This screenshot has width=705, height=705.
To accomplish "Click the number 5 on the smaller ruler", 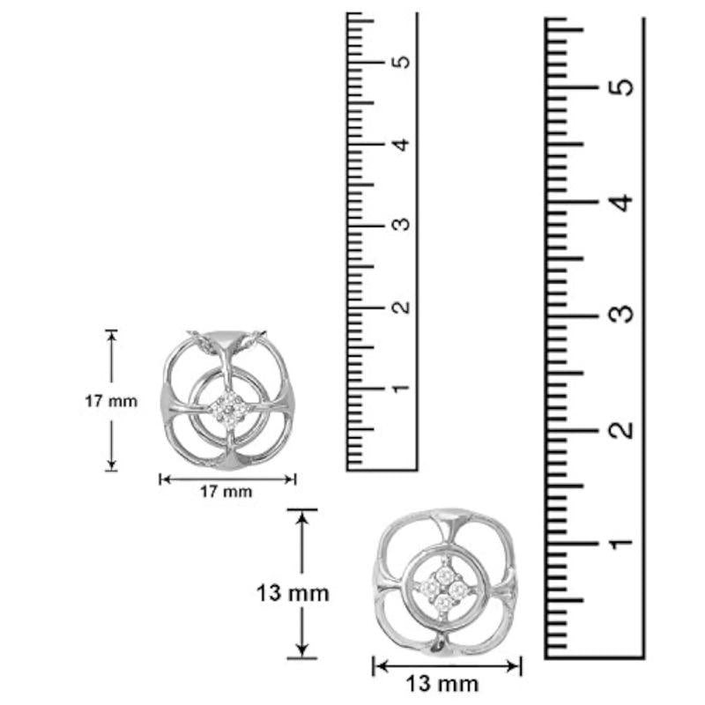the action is click(401, 62).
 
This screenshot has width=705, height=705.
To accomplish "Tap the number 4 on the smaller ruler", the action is click(401, 145).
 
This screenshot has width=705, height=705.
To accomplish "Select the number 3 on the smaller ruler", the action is click(401, 225).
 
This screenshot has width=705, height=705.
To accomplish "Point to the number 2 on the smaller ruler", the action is click(401, 307).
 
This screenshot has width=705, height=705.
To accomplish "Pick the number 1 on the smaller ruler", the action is click(401, 388).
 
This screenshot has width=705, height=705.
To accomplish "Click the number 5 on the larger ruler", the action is click(621, 86).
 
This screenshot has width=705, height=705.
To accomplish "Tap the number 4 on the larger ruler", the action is click(621, 202).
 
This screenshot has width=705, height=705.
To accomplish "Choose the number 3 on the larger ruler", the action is click(621, 315).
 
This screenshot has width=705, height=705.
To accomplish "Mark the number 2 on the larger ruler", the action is click(621, 430).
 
